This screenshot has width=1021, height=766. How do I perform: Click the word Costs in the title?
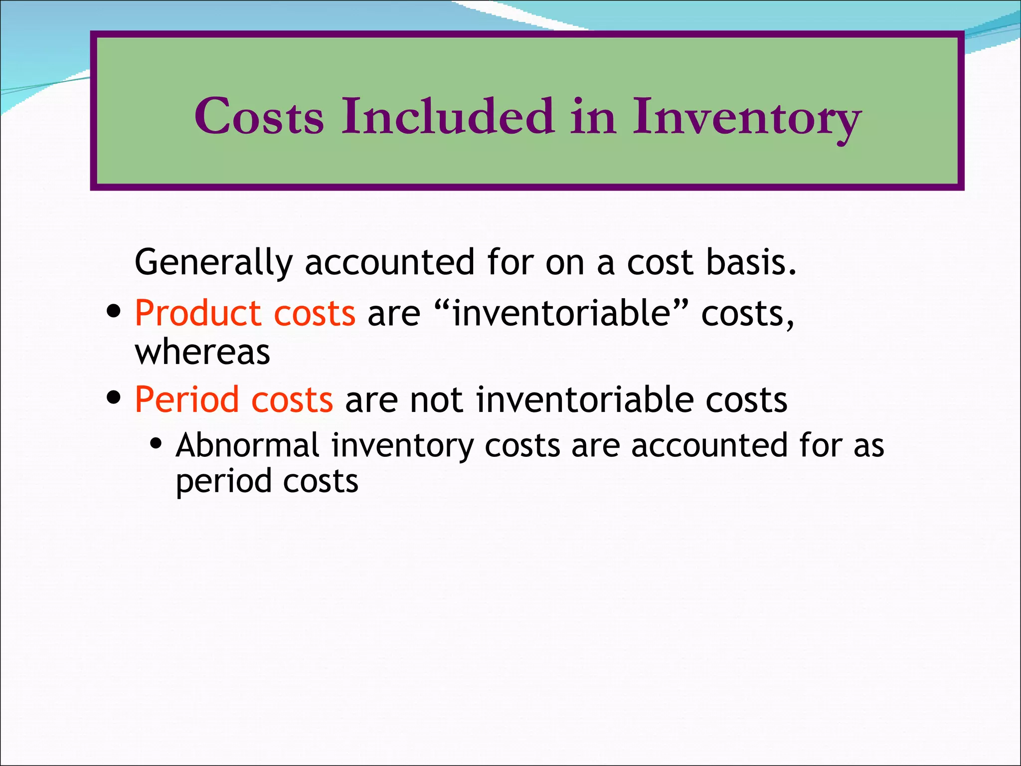tap(259, 116)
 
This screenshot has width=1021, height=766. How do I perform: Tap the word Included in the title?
tap(448, 116)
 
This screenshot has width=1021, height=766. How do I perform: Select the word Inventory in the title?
tap(747, 119)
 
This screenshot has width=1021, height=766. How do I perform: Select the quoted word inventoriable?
tap(560, 314)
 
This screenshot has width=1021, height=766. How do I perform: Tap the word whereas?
tap(202, 352)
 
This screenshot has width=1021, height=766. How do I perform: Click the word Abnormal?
tap(247, 445)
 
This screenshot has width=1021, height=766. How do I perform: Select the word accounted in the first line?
tap(389, 262)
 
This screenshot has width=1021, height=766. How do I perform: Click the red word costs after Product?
tap(315, 314)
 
